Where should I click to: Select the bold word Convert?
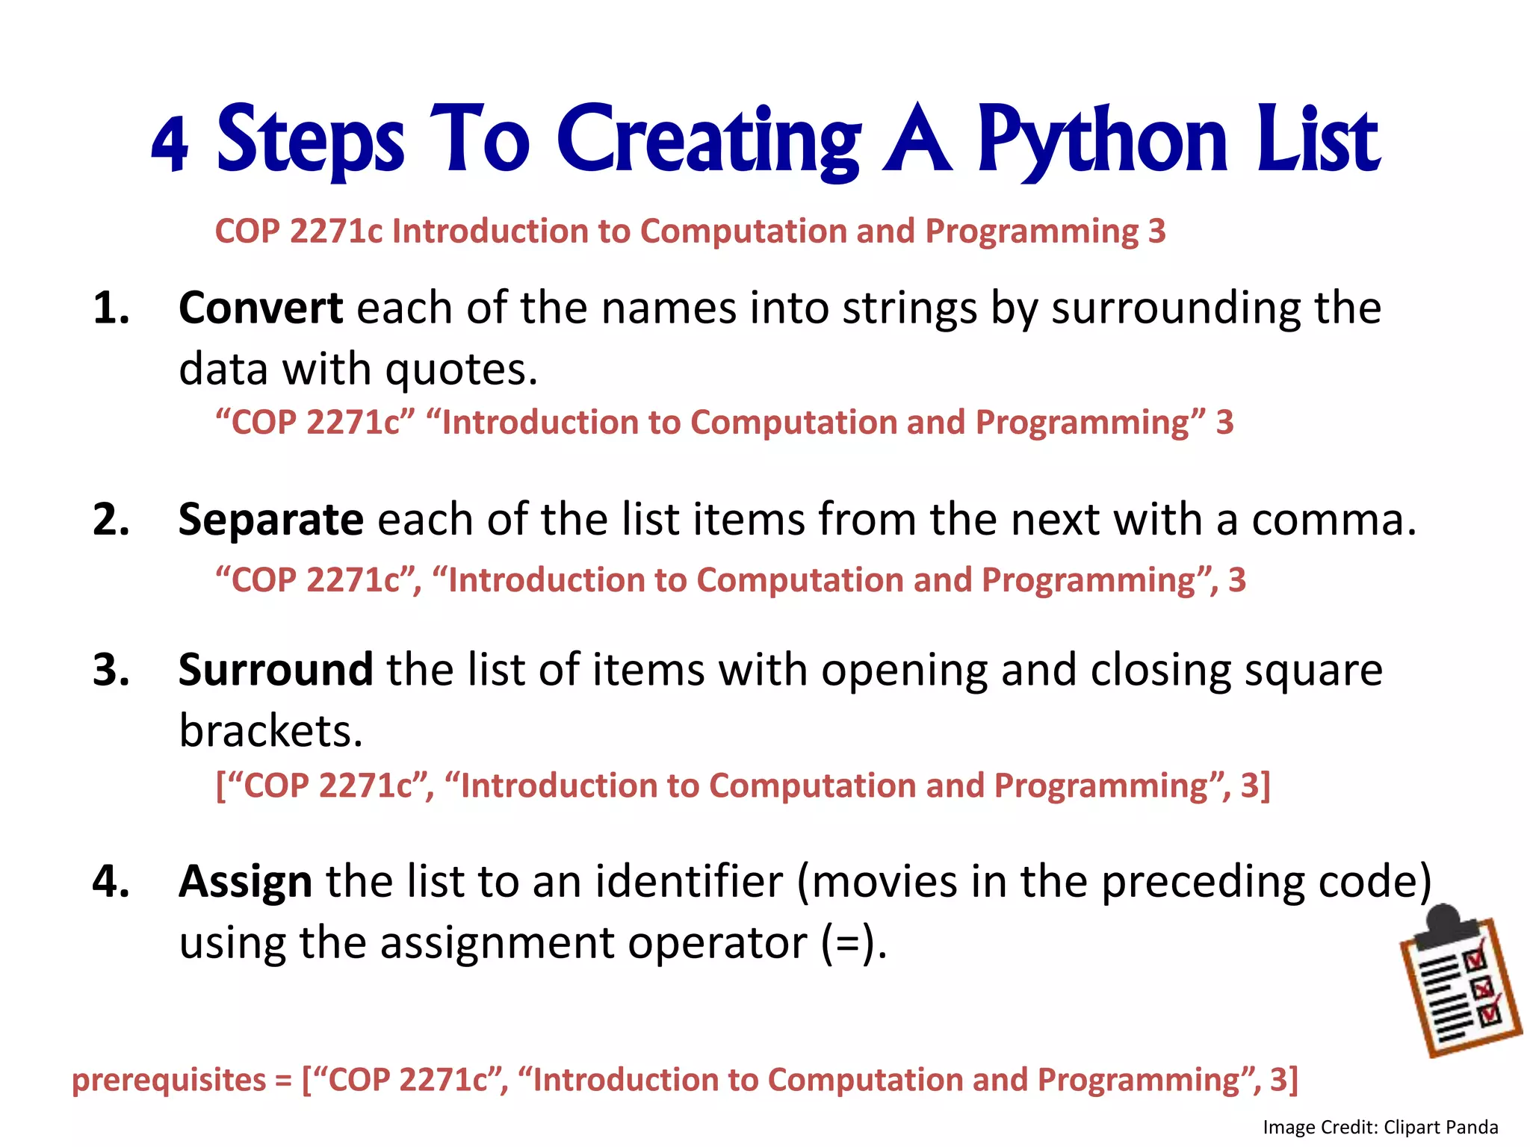pos(261,308)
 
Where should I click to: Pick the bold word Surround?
pos(275,669)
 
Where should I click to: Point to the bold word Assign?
pos(245,881)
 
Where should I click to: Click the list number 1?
pos(111,308)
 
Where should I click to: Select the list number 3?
pos(111,669)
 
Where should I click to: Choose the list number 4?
pos(111,881)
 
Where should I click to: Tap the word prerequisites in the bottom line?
pos(169,1081)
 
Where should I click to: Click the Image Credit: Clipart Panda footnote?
pos(1381,1127)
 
